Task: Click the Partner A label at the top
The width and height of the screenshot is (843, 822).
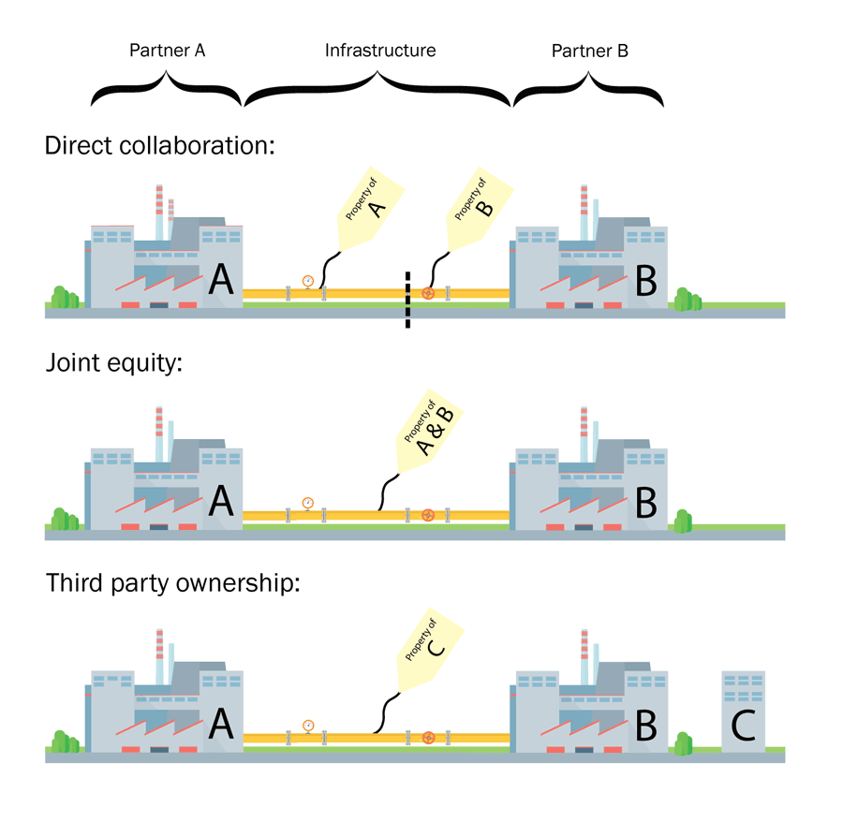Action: point(167,51)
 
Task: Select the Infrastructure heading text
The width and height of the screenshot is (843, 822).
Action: point(379,51)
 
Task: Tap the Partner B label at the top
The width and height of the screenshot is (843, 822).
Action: point(589,51)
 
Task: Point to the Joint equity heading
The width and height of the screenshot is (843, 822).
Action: point(112,364)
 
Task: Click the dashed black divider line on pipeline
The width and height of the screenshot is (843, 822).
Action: point(407,300)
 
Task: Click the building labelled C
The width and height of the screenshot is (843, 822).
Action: point(743,712)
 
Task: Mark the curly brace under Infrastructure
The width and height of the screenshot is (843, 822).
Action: point(377,91)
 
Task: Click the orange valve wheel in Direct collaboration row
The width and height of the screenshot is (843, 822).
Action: point(428,293)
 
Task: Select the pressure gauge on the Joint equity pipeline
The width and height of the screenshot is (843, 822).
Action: point(307,503)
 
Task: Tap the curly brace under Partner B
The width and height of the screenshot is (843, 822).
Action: point(589,91)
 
